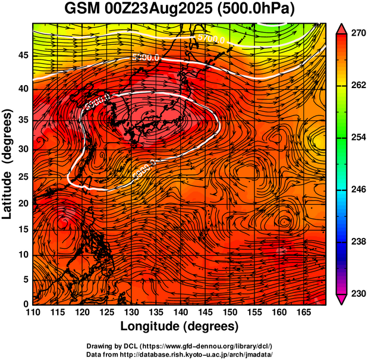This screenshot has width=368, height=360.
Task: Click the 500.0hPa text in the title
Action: [259, 10]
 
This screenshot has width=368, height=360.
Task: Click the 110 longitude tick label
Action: [33, 312]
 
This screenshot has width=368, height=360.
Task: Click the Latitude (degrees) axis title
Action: [8, 163]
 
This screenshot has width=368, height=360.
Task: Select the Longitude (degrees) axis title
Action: [180, 326]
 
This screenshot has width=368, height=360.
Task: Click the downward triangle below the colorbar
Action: [342, 299]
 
